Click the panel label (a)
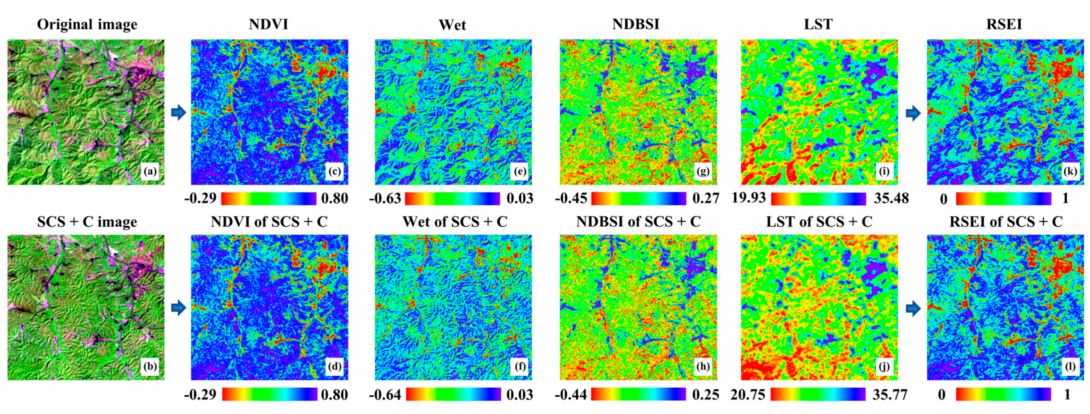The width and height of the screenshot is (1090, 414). point(150,171)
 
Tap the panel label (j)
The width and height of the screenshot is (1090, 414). point(884,367)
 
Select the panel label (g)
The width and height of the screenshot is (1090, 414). point(703,171)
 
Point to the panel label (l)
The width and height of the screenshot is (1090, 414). point(1070,367)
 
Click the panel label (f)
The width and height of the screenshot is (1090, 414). point(519,367)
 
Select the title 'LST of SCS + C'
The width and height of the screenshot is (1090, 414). point(819,222)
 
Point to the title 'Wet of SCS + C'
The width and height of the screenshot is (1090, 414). point(454,222)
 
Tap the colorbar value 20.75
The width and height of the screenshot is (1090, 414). point(748,395)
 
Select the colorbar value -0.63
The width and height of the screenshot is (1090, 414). point(385,198)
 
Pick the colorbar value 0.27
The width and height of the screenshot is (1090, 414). point(705,198)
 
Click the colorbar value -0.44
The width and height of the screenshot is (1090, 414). point(571,395)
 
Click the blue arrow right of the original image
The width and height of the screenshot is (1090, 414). point(179,113)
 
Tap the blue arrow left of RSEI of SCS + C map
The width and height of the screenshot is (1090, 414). point(913,309)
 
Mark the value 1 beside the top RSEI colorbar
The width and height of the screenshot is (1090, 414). point(1065,198)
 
